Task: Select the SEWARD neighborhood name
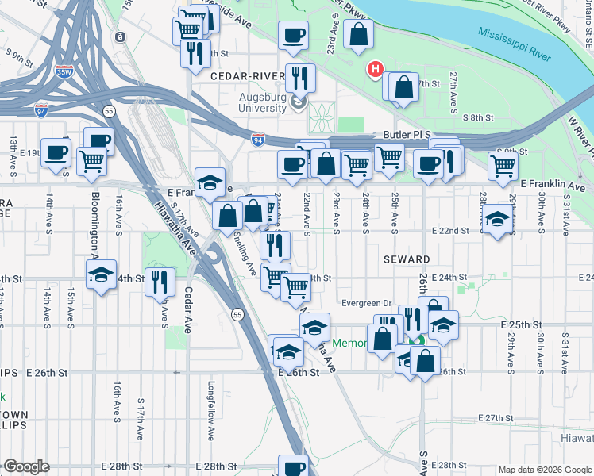point(407,259)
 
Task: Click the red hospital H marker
point(376,71)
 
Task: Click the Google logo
point(26,466)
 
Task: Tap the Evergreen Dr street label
point(365,302)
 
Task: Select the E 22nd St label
point(451,230)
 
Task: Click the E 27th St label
point(497,418)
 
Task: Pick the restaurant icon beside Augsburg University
point(299,77)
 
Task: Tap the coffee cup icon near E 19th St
point(56,153)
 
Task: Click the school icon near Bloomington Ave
point(101,274)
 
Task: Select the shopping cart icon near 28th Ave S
point(503,166)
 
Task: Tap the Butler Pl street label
point(407,135)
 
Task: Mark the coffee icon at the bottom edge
point(293,467)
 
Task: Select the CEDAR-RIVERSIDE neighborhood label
point(247,75)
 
